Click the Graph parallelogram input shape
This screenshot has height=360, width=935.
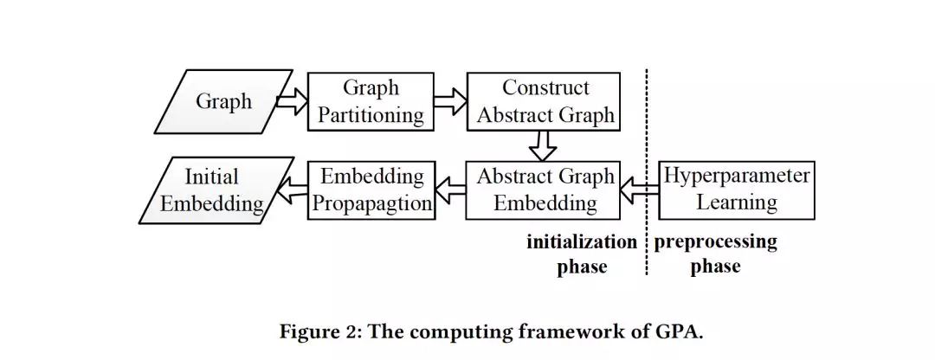223,102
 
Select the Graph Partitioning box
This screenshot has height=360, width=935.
371,101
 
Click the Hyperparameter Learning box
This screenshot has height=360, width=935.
737,190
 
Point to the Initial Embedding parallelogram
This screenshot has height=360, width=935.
213,190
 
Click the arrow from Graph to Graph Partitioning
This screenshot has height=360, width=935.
291,101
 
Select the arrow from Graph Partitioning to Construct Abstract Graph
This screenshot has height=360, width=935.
449,101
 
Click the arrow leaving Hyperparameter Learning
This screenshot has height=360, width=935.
640,190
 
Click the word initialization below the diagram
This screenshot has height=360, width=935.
581,242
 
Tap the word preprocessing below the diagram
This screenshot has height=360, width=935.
715,242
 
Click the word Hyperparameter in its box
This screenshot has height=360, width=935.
737,177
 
